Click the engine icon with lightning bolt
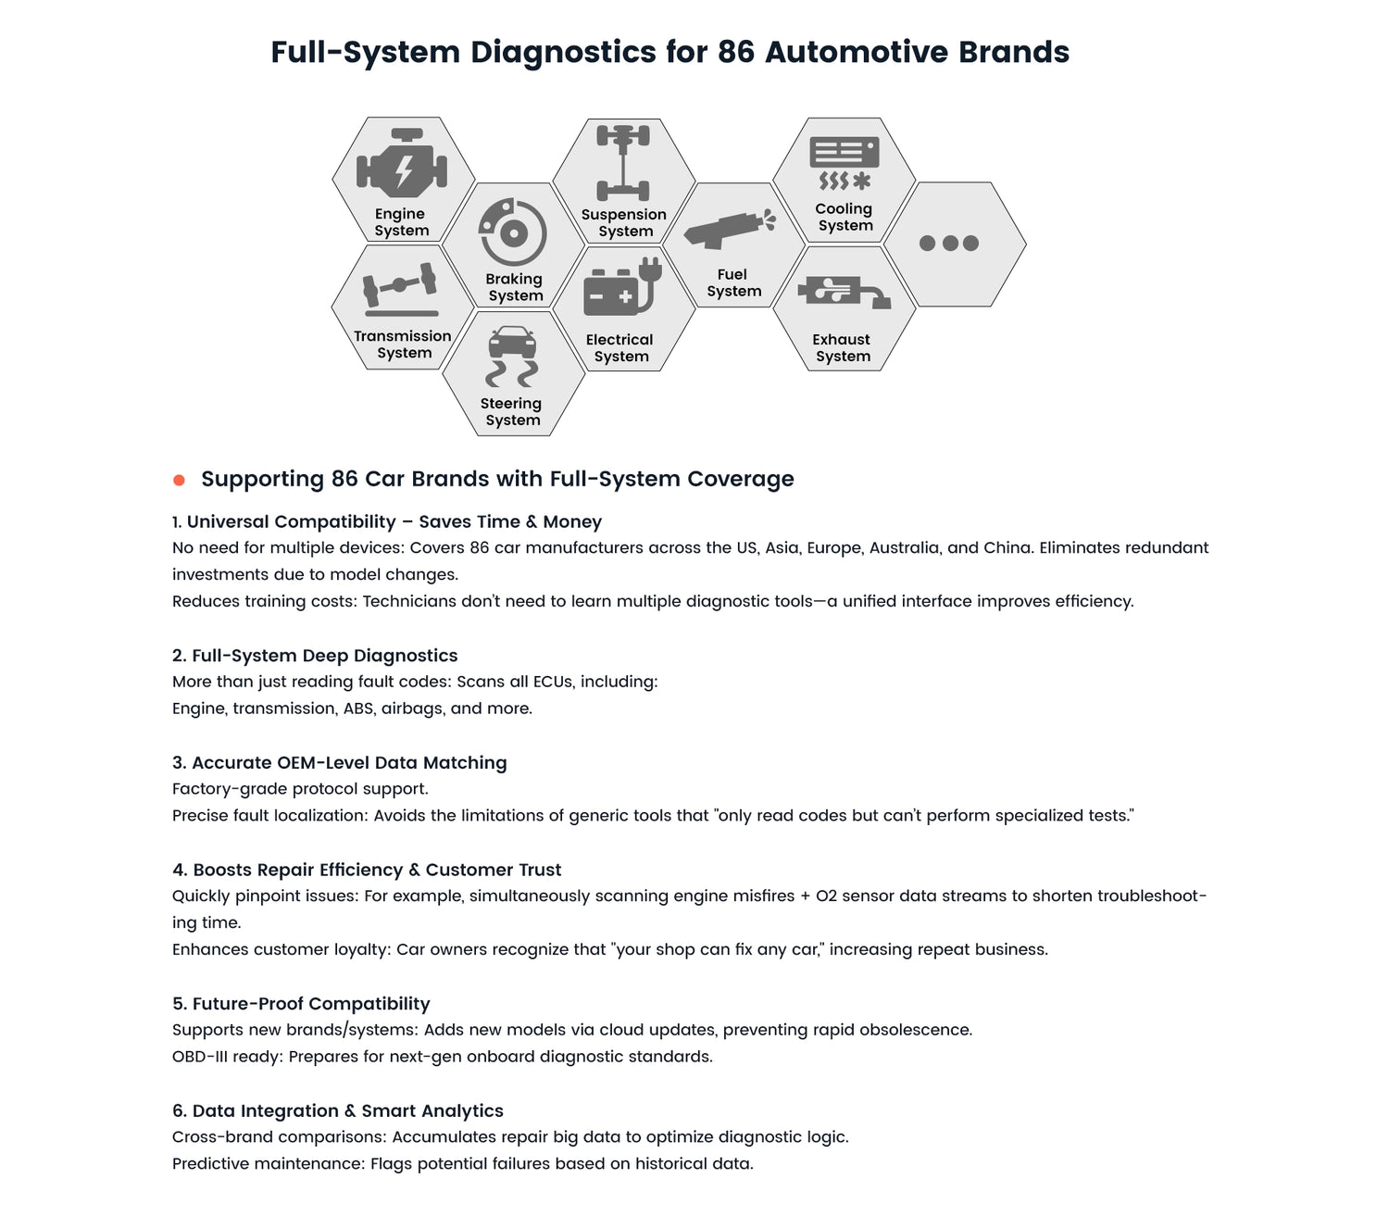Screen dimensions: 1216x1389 coord(402,167)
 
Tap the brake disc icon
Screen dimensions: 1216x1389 coord(512,232)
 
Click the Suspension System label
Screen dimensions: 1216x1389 coord(624,223)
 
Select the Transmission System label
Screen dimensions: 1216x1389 coord(403,345)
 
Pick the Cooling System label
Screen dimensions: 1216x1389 coord(845,218)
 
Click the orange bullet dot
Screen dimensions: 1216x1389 coord(180,480)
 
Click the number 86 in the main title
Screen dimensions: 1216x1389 coord(735,52)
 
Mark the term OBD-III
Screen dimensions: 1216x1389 coord(200,1057)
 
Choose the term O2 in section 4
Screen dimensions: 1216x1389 coord(826,896)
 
